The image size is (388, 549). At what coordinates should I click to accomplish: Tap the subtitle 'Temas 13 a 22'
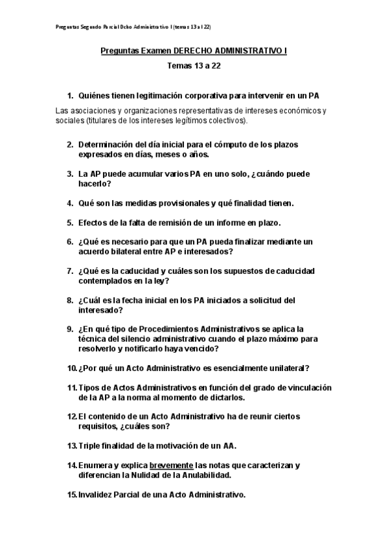coord(194,65)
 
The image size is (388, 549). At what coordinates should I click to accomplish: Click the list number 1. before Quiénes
coord(71,95)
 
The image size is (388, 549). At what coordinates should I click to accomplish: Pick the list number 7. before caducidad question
coord(71,271)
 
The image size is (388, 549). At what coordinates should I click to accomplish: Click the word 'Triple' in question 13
coord(89,445)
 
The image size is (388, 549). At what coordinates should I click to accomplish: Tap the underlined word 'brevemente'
coord(171,465)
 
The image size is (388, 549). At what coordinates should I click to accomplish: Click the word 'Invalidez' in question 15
coord(96,495)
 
